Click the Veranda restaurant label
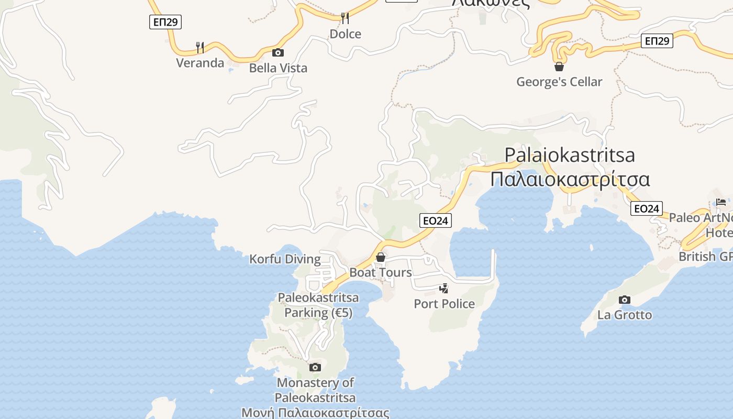[200, 63]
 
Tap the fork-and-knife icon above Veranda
[199, 48]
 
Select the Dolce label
[345, 34]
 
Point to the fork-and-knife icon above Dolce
[345, 18]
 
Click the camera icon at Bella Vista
[278, 52]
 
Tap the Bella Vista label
[278, 68]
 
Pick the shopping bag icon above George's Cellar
[559, 67]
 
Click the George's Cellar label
[559, 82]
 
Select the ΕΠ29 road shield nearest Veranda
[165, 22]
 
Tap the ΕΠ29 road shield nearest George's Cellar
[657, 41]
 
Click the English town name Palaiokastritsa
[570, 155]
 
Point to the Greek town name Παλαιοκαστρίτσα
[570, 179]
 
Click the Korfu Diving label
[285, 259]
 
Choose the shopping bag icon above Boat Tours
[381, 257]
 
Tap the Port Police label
[444, 304]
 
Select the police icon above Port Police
[444, 288]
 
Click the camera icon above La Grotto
[624, 300]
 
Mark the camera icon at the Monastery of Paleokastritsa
[315, 367]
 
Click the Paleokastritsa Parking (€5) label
[318, 305]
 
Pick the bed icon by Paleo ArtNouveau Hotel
[721, 202]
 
